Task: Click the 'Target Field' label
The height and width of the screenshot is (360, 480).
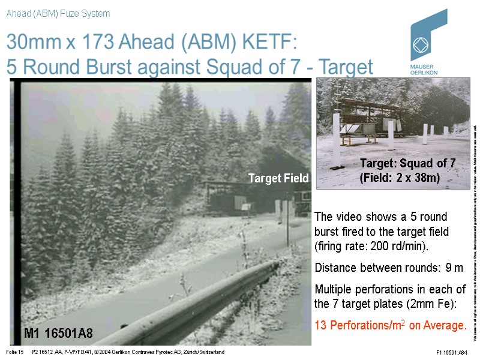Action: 278,178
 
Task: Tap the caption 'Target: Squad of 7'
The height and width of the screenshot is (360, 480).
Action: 407,163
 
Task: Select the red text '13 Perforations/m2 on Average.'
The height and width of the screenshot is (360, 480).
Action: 390,326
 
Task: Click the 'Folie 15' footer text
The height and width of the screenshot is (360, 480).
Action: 14,352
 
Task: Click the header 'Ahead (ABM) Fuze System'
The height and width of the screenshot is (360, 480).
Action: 58,13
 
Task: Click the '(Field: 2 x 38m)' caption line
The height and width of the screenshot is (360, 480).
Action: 400,178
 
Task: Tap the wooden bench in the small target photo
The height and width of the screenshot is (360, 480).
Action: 355,138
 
